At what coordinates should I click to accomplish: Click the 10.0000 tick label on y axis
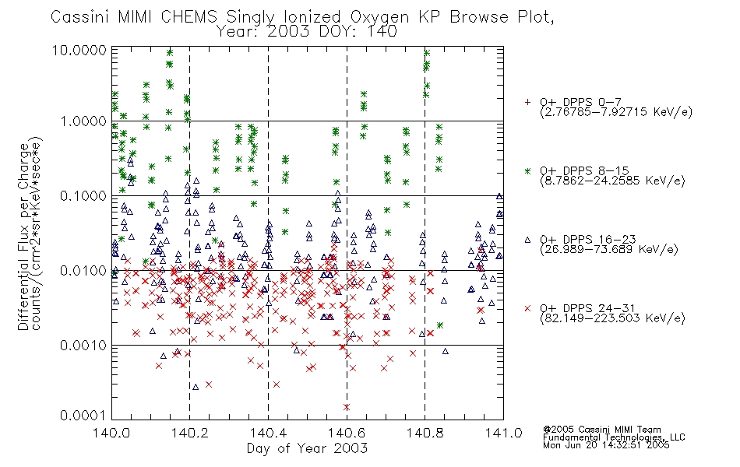83,50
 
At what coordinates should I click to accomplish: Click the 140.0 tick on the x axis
111,433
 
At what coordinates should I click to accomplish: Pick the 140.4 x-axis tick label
268,433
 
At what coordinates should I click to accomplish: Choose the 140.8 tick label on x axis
425,433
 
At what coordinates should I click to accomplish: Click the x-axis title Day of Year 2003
307,448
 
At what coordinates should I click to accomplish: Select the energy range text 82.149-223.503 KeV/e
612,319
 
